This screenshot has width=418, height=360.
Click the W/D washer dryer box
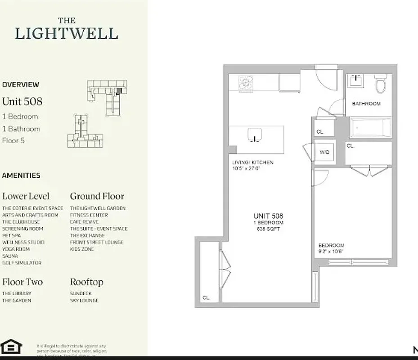[324, 153]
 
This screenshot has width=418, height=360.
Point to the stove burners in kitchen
[247, 83]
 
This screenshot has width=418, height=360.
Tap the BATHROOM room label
[366, 104]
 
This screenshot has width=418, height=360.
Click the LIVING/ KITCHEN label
[252, 162]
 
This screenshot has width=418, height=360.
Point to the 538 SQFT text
[268, 229]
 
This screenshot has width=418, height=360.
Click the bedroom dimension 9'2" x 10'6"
[331, 252]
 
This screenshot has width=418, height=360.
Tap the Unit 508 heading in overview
[22, 102]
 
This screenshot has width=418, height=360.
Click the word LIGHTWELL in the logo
[67, 34]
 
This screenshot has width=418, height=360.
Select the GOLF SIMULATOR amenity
[22, 263]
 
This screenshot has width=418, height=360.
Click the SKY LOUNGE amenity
[84, 301]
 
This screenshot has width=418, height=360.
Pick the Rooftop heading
[86, 282]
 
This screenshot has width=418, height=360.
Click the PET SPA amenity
[12, 235]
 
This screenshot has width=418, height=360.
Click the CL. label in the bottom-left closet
[206, 297]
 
